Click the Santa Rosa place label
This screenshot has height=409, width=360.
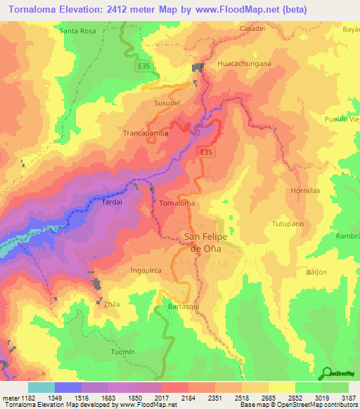[78, 32]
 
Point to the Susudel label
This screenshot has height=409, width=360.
[167, 103]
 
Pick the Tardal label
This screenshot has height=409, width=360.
[112, 202]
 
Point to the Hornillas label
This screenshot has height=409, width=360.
[306, 190]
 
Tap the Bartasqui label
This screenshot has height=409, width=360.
[185, 308]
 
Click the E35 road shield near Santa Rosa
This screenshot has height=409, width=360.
[143, 66]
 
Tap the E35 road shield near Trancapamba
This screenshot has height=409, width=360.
[205, 152]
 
